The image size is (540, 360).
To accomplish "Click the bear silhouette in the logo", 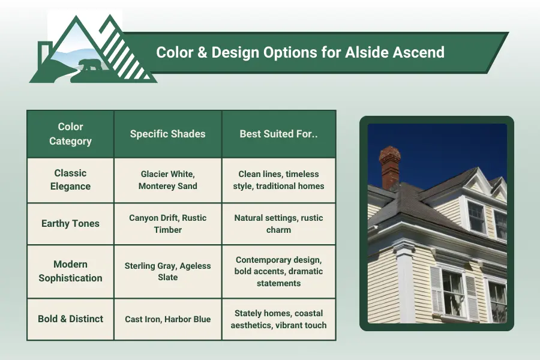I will click(x=90, y=64).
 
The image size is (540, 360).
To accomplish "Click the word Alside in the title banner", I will click(x=366, y=52).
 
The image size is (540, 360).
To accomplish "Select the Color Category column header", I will click(x=70, y=134).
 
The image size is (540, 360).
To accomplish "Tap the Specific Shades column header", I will click(x=167, y=134).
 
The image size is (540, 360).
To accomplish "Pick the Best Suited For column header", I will click(x=278, y=134).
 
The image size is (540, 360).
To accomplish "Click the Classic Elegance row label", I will click(x=70, y=180).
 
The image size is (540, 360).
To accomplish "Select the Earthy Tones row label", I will click(x=70, y=223).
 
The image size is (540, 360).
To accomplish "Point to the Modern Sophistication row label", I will click(x=70, y=271).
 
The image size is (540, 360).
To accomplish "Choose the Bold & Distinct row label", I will click(x=70, y=319).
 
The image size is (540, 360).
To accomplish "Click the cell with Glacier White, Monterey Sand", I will click(x=167, y=180).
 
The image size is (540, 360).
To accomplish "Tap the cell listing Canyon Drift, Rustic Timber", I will click(x=167, y=223).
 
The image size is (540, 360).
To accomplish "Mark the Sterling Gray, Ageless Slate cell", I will click(x=167, y=271).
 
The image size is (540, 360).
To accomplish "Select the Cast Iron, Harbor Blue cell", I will click(x=167, y=319).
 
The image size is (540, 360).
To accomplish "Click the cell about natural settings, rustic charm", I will click(x=278, y=223).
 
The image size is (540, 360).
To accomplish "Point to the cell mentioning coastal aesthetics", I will click(x=278, y=319).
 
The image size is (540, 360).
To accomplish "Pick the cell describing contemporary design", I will click(x=278, y=271).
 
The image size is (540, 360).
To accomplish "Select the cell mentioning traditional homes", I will click(x=278, y=180).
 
